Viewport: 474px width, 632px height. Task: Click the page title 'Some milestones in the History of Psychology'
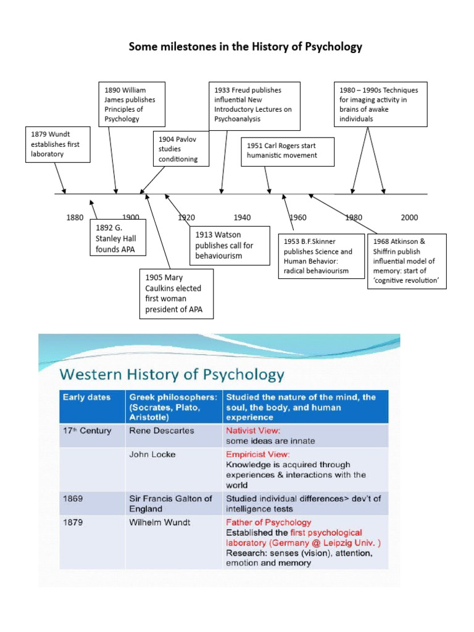[x=245, y=47]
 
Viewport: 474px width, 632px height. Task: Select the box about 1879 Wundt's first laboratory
[x=58, y=144]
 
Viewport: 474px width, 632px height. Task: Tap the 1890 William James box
[x=134, y=104]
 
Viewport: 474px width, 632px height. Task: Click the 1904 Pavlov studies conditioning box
[x=180, y=149]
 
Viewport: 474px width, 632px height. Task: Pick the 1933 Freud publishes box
[x=253, y=104]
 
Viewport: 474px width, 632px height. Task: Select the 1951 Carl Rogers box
[x=288, y=151]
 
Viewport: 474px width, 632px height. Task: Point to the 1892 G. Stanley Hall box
[x=118, y=238]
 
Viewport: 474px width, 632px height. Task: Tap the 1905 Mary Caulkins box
[x=176, y=293]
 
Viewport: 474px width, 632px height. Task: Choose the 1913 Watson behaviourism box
[x=229, y=244]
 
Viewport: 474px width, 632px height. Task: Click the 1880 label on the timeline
[x=74, y=217]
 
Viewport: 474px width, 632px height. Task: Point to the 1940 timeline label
[x=242, y=217]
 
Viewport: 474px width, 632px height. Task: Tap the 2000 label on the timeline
[x=409, y=217]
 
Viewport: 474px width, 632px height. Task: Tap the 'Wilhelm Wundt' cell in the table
[x=160, y=522]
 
